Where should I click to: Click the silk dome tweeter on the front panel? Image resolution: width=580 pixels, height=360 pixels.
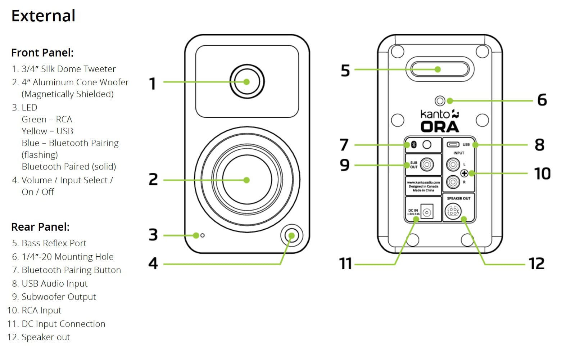click(x=247, y=82)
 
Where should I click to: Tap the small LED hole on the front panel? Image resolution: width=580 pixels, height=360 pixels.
click(x=203, y=235)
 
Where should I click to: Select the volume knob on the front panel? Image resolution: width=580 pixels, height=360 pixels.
click(x=291, y=236)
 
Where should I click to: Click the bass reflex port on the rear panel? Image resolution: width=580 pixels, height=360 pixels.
click(x=438, y=69)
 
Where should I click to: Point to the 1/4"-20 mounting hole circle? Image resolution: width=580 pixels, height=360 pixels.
click(x=440, y=101)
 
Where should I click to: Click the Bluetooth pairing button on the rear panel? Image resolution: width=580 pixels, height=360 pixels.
click(x=427, y=145)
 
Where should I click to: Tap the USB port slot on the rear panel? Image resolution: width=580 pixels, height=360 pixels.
click(x=453, y=145)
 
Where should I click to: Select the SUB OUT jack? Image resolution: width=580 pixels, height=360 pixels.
click(x=427, y=165)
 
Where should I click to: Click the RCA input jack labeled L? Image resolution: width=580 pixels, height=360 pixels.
click(x=453, y=165)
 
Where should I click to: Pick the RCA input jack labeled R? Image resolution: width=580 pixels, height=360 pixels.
click(x=453, y=182)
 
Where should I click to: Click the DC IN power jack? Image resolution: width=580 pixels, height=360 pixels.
click(x=427, y=213)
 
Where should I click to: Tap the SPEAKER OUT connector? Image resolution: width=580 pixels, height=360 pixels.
click(x=453, y=211)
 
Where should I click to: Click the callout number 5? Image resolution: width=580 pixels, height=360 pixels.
click(x=345, y=71)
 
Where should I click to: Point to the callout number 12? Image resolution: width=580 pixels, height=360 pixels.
click(x=536, y=264)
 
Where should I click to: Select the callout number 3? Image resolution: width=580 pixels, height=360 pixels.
click(x=153, y=235)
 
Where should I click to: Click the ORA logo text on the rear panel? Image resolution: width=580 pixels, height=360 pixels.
click(x=440, y=127)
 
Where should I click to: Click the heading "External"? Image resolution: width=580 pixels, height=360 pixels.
click(x=43, y=16)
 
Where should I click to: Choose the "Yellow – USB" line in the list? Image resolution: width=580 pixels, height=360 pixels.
click(x=47, y=131)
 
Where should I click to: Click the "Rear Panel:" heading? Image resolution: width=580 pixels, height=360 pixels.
click(x=40, y=227)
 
